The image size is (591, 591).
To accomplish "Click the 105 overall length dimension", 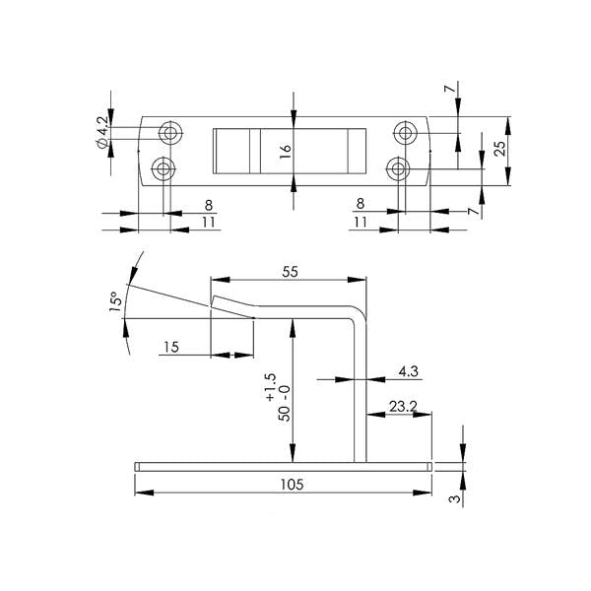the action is point(292,485).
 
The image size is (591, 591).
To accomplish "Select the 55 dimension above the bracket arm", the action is point(290,272).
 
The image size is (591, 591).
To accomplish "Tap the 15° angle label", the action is point(116,301).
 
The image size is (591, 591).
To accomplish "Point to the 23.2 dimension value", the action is point(403,406).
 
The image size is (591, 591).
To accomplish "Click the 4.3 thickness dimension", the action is point(409,371).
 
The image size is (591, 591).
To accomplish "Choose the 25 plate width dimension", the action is point(499,149).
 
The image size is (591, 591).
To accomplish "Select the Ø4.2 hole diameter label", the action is point(102,132).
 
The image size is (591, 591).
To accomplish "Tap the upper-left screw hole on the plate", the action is point(170,133).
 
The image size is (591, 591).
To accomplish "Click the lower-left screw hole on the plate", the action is point(164,168).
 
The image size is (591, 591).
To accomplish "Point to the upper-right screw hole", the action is point(406,133).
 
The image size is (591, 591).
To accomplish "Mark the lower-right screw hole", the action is point(398,168).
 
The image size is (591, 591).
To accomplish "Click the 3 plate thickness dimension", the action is point(456,498).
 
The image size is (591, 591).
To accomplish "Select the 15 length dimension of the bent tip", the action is point(171,347).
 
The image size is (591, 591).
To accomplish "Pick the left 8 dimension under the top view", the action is point(209,206).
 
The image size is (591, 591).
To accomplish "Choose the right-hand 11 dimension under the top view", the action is point(361,222).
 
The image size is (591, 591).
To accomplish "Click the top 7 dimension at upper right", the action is point(448,89).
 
